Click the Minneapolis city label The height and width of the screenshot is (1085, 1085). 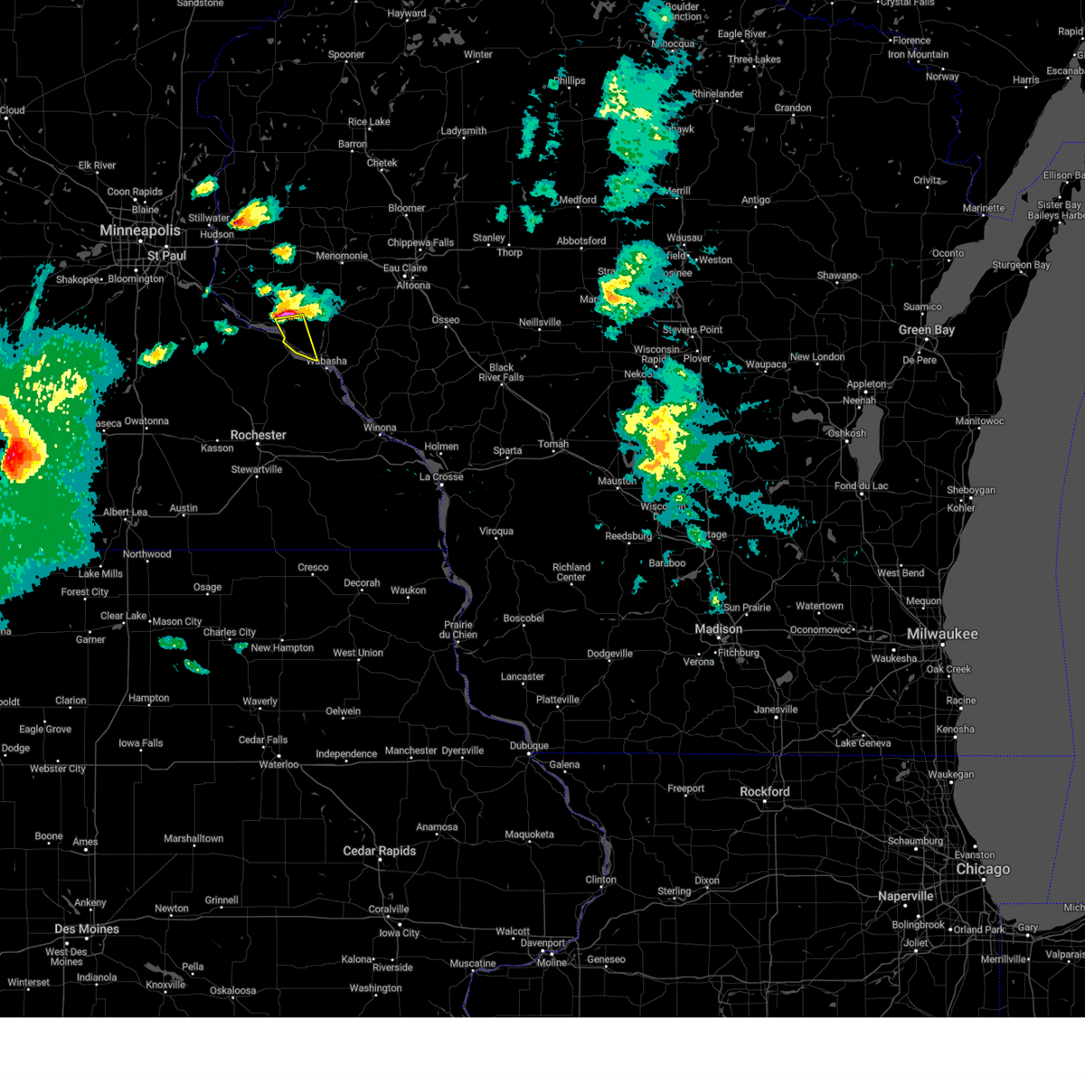(x=140, y=231)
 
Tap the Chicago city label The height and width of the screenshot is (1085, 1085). (x=983, y=869)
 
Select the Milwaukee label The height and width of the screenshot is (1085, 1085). (x=942, y=634)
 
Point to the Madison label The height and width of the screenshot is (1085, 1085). (x=718, y=629)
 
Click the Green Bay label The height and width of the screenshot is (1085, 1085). (x=927, y=330)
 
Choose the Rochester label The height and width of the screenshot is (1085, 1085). (x=258, y=435)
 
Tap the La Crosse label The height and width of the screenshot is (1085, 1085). (x=441, y=476)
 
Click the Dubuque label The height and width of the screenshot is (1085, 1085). (x=529, y=746)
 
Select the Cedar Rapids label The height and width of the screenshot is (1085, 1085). (x=379, y=851)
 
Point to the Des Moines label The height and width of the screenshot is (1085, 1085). (x=87, y=929)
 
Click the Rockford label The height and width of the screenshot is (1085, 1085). (x=764, y=791)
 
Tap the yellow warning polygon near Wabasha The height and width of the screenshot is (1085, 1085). (x=298, y=338)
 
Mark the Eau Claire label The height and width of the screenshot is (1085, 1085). (x=405, y=268)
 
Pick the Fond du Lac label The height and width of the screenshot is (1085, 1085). (x=861, y=486)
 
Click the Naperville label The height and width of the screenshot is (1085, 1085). (x=905, y=896)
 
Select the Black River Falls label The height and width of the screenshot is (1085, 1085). (x=501, y=373)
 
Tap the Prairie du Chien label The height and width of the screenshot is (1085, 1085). (x=458, y=629)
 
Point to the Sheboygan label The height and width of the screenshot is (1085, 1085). (x=970, y=490)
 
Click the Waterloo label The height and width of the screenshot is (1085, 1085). (x=278, y=764)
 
